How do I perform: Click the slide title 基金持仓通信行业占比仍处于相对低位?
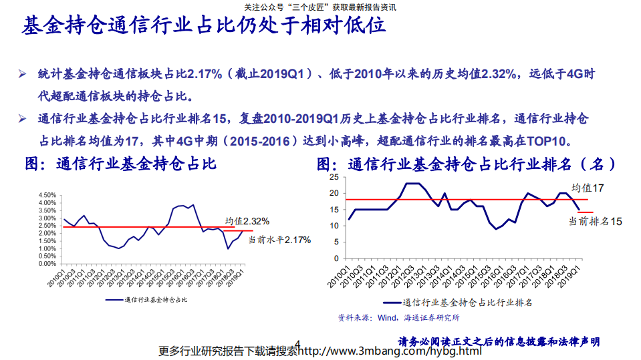pos(204,27)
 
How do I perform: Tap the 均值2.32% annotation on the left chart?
pos(247,220)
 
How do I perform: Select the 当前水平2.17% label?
pos(279,239)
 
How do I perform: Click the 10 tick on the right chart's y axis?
pos(335,226)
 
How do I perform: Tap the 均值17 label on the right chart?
pos(588,188)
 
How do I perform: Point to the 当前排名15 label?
pos(596,221)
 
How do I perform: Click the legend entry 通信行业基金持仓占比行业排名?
pos(469,303)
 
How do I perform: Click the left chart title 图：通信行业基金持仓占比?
pos(121,163)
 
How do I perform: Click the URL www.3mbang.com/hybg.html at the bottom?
pos(392,351)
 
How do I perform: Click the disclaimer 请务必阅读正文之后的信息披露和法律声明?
pos(499,341)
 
